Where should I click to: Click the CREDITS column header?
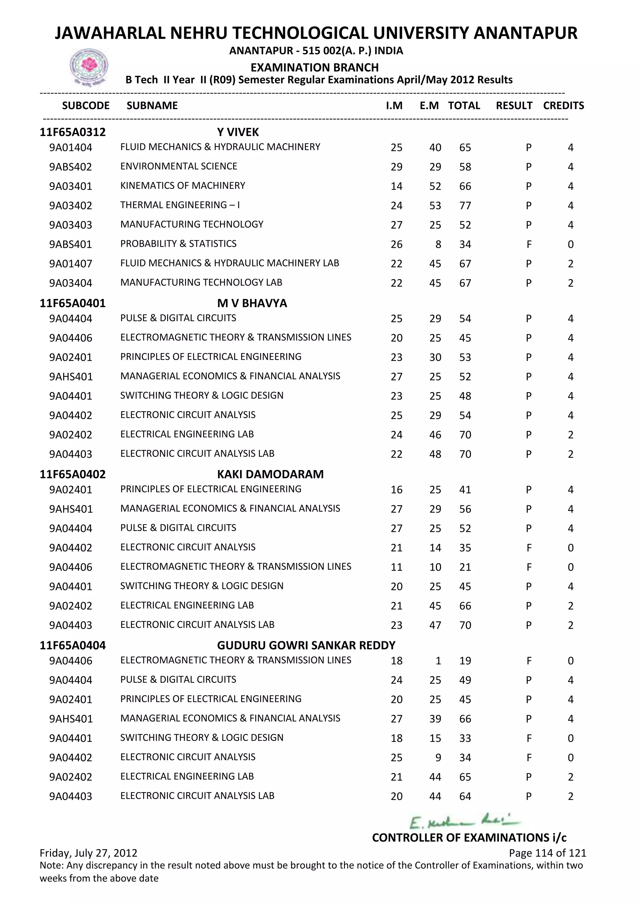click(563, 106)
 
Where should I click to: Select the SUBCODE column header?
click(86, 106)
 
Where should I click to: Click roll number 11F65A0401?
click(72, 303)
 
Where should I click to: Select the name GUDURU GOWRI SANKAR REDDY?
click(306, 645)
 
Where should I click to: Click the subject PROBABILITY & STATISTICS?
click(178, 243)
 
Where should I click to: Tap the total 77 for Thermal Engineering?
click(465, 205)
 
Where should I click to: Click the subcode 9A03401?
click(71, 186)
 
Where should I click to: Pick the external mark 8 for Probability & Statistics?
click(438, 244)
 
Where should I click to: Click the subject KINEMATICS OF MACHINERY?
click(182, 186)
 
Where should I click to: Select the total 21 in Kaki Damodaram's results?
click(465, 567)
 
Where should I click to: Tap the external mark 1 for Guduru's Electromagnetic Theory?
click(438, 661)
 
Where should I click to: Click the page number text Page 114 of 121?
click(547, 853)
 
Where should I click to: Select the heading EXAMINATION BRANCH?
click(314, 67)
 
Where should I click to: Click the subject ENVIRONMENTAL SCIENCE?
click(178, 166)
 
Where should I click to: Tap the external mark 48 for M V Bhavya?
click(435, 454)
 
